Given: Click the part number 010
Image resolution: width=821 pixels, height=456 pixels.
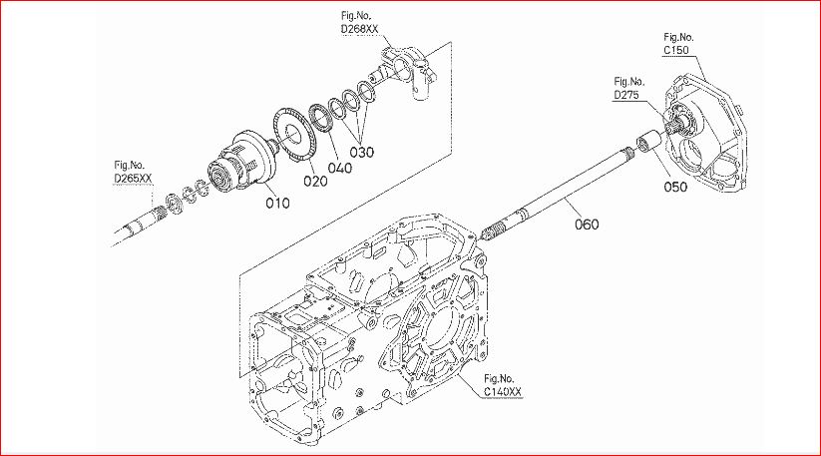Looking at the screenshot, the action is coord(277,203).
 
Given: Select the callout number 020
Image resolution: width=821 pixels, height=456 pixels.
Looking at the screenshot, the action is coord(315,182).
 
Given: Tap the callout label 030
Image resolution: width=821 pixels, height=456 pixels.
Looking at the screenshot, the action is coord(362,153).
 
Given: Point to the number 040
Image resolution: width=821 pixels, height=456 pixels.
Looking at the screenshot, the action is coord(340,168).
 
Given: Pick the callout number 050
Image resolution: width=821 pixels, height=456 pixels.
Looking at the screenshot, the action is coord(675,187).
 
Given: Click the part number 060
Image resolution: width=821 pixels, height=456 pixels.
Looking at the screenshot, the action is coord(587,225).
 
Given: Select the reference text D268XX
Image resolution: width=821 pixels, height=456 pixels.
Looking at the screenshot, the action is coord(359,29).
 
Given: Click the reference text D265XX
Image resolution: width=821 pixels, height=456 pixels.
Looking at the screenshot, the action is coord(133,179).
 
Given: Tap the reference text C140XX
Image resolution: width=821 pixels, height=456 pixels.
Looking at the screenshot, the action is coord(503,392).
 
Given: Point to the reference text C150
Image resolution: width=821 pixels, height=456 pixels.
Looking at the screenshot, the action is coord(676,50).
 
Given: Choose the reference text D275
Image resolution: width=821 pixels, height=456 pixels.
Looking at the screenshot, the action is coord(626,95).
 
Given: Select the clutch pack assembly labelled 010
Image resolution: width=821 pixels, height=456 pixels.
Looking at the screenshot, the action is coord(241,162).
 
